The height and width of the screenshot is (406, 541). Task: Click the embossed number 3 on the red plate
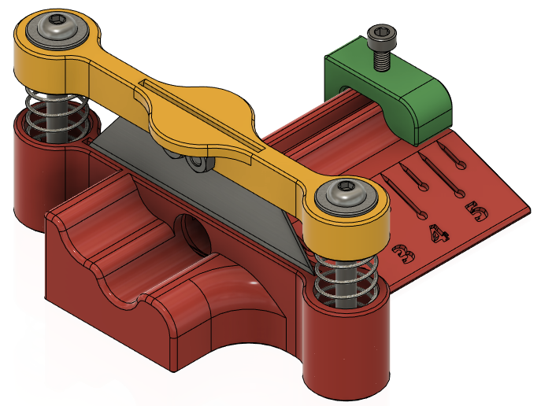pyautogui.click(x=404, y=255)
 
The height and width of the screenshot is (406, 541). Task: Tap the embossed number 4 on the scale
pyautogui.click(x=439, y=234)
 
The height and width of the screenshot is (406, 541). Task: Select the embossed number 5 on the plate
pyautogui.click(x=476, y=212)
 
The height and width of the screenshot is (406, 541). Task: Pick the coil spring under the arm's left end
pyautogui.click(x=55, y=114)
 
